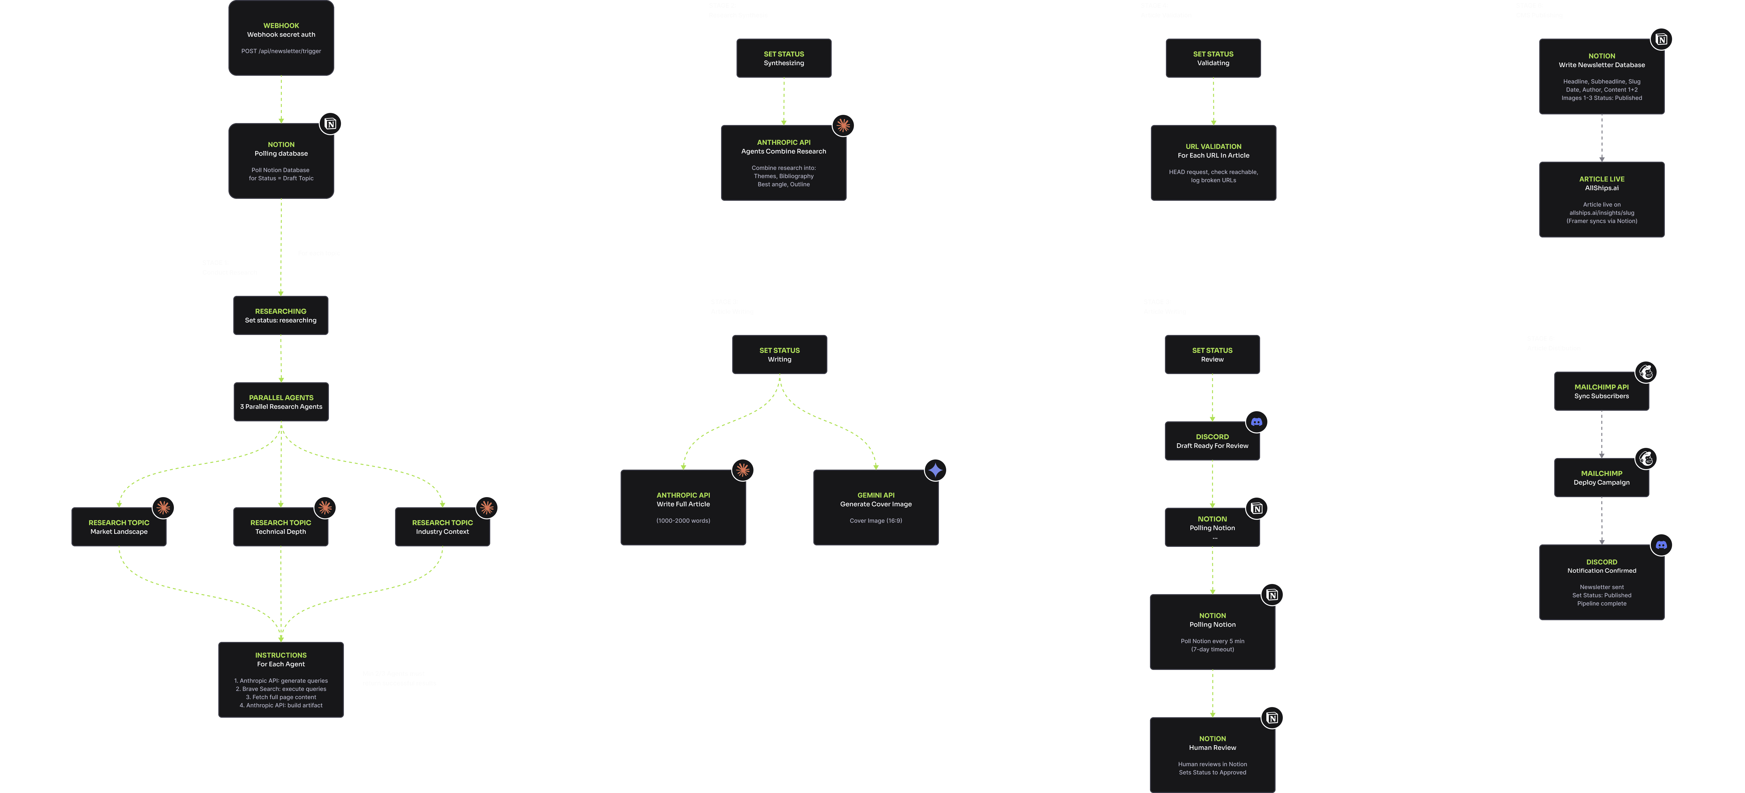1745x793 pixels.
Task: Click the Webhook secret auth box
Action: [x=281, y=38]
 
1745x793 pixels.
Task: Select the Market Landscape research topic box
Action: [x=119, y=527]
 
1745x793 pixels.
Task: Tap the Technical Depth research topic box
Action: [x=280, y=527]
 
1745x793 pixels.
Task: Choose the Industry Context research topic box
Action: [x=442, y=527]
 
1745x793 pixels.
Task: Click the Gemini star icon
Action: [x=935, y=470]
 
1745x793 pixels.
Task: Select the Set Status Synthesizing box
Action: [x=784, y=58]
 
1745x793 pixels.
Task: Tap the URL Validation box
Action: [x=1213, y=162]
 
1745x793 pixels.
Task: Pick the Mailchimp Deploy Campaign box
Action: [x=1601, y=477]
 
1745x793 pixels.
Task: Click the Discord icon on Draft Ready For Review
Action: [x=1257, y=422]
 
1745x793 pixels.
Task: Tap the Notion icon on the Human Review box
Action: [x=1272, y=718]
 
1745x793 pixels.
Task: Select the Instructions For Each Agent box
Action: [x=280, y=679]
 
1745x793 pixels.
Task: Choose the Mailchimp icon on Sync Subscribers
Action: [x=1646, y=372]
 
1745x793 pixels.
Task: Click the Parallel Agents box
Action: [x=281, y=402]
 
